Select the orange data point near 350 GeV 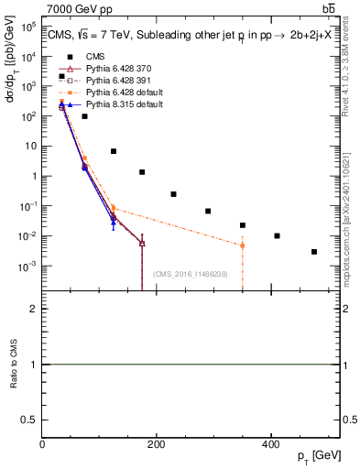click(x=243, y=245)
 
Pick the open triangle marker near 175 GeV click(x=142, y=243)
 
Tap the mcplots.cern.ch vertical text click(x=345, y=215)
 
